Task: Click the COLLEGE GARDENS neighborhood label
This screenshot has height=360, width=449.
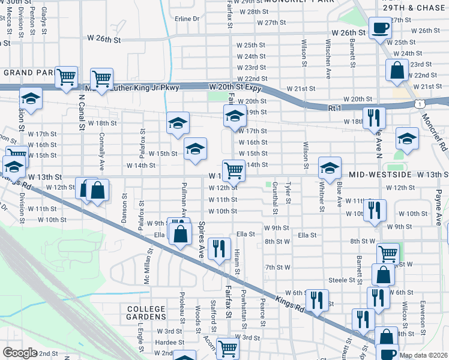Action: (146, 312)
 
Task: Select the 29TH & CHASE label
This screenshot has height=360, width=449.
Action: (414, 8)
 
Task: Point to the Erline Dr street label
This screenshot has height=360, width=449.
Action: (187, 19)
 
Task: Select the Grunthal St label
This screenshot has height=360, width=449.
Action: (275, 198)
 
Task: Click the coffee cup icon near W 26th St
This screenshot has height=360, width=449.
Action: (379, 28)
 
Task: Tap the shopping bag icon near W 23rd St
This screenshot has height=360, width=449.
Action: (397, 70)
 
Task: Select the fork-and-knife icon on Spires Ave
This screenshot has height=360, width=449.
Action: (219, 247)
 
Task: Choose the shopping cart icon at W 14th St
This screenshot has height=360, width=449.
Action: (234, 170)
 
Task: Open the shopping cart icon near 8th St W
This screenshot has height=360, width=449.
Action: (388, 254)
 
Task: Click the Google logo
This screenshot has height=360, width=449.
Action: (19, 353)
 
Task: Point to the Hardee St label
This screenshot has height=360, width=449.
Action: (165, 342)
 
